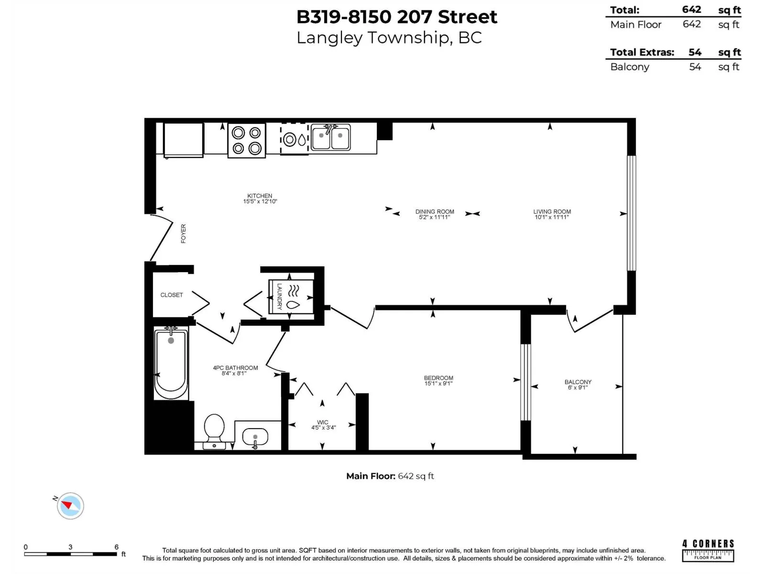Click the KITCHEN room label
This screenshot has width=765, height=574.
pyautogui.click(x=260, y=196)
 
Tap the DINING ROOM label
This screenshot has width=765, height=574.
pyautogui.click(x=435, y=211)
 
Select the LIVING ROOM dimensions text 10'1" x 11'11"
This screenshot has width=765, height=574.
pyautogui.click(x=552, y=217)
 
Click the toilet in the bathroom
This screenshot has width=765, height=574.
pyautogui.click(x=214, y=430)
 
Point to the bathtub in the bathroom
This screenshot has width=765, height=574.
pyautogui.click(x=171, y=364)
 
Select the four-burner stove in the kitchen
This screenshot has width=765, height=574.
pyautogui.click(x=246, y=141)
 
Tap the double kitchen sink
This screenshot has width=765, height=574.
pyautogui.click(x=330, y=138)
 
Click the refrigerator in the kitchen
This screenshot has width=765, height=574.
pyautogui.click(x=184, y=140)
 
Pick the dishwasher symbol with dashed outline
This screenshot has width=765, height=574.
pyautogui.click(x=294, y=139)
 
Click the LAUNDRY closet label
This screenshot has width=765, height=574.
pyautogui.click(x=280, y=297)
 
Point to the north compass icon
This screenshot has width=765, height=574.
pyautogui.click(x=70, y=506)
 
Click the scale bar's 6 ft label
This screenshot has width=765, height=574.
pyautogui.click(x=116, y=547)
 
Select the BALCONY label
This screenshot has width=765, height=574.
pyautogui.click(x=578, y=382)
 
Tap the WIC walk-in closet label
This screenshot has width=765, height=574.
pyautogui.click(x=323, y=422)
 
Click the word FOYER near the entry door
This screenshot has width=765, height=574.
pyautogui.click(x=183, y=233)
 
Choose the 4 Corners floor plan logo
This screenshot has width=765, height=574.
pyautogui.click(x=708, y=550)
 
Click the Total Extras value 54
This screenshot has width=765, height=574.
pyautogui.click(x=695, y=52)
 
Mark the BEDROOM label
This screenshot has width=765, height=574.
pyautogui.click(x=438, y=377)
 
